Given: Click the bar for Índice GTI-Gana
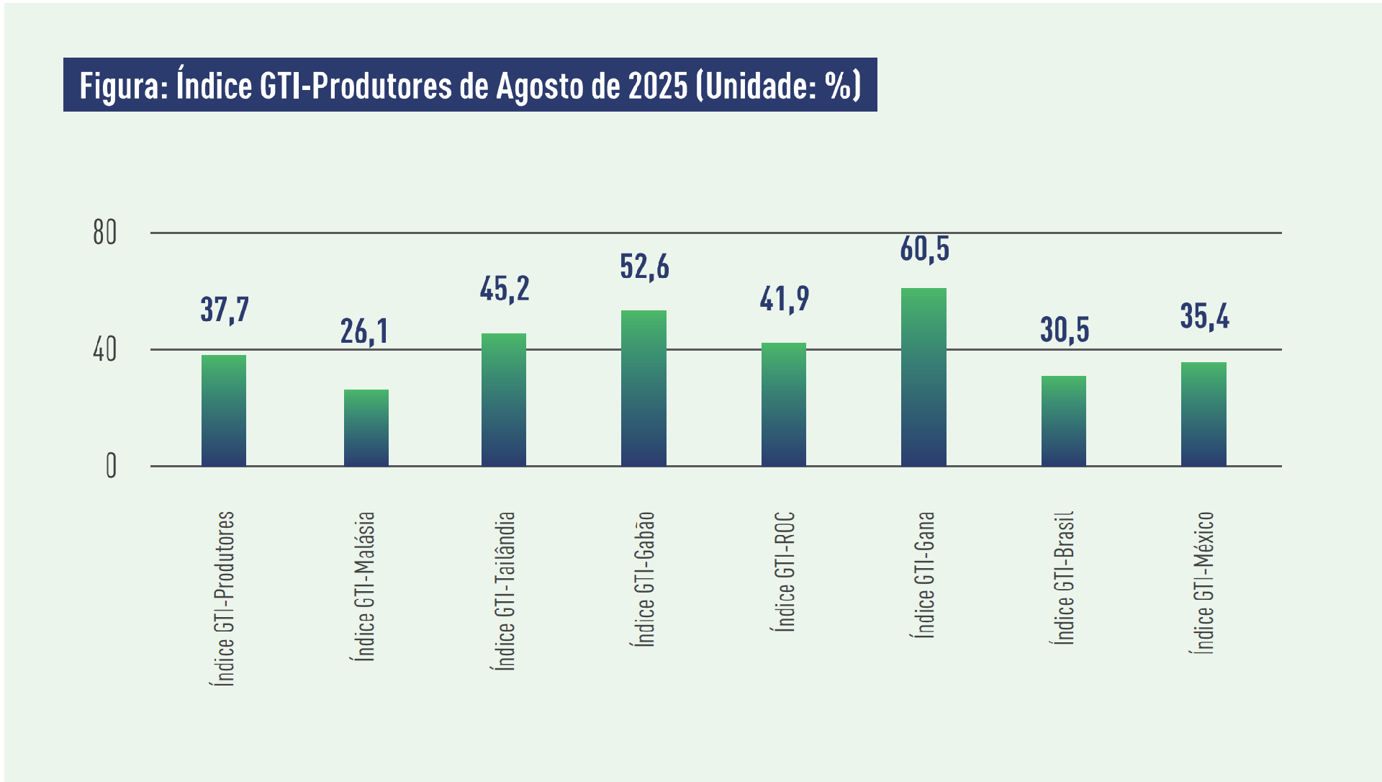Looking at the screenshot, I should point(923,377).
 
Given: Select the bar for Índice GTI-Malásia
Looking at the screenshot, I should point(366,428).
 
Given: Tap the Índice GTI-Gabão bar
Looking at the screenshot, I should point(643,388).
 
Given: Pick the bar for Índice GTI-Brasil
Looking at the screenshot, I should point(1063,421).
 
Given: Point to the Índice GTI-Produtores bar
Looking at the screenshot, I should point(224,410).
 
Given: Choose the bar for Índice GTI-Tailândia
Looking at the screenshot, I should point(504,400).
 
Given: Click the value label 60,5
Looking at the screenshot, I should point(924,249).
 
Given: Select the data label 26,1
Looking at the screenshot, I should point(364,331).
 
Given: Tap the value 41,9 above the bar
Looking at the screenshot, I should point(785,299).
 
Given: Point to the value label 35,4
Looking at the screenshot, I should point(1204,316).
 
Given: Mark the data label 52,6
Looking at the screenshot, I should point(644,267).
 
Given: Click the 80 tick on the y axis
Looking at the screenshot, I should point(105,233).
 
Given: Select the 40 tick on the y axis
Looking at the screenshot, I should point(105,350).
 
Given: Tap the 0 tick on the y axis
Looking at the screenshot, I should point(111,467).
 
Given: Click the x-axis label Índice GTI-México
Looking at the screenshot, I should point(1203,583).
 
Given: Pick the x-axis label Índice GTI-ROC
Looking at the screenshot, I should point(785,572).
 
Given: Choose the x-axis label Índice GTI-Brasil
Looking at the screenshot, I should point(1064,577).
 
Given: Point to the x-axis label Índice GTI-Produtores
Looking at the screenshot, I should point(225,598).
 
